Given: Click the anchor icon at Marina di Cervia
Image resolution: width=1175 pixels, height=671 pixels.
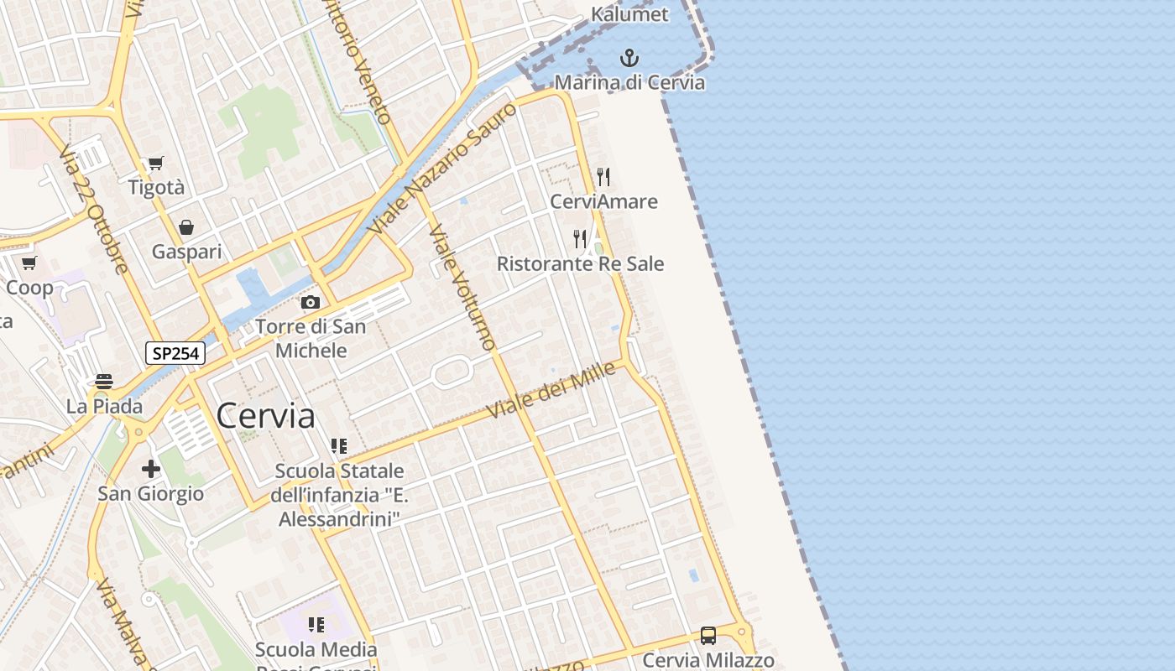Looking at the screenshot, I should point(629,58).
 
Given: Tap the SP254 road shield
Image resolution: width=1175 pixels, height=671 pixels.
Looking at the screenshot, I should point(175,353).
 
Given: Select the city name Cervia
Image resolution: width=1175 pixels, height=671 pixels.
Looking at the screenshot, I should point(265,415).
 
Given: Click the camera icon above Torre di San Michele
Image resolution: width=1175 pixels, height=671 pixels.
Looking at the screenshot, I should point(311,302).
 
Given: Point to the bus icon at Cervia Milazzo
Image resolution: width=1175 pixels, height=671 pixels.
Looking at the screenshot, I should point(708,636).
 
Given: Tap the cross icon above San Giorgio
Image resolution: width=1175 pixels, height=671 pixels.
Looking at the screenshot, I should point(151,468).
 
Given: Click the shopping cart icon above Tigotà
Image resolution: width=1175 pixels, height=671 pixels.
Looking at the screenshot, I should point(155,163).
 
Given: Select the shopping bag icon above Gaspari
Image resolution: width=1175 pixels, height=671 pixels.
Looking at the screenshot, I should point(186,227).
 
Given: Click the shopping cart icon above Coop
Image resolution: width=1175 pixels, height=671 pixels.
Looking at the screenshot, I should point(29,263).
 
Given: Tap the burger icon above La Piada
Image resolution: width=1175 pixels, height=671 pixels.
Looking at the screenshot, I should point(104,382).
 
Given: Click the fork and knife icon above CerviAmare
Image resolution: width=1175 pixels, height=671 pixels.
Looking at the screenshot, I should point(603,176).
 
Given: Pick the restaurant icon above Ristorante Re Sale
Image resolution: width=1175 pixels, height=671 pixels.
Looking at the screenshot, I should point(580,239).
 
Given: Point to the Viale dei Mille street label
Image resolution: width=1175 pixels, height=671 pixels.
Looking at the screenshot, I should point(551,392).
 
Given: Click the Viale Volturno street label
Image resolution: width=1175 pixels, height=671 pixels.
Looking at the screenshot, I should point(462,287).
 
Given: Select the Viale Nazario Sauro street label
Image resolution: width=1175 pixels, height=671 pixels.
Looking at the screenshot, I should point(442,169).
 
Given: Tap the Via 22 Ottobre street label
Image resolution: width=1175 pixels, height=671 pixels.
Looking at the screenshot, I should point(93,210).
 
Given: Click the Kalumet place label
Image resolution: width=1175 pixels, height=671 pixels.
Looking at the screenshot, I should point(629,14).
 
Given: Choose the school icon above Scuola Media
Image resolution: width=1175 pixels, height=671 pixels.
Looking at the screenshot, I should point(316,625).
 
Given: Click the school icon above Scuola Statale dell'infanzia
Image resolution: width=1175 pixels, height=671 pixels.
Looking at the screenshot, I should point(338,446).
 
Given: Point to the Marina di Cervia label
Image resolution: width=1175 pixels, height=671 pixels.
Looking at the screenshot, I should point(629,82).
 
